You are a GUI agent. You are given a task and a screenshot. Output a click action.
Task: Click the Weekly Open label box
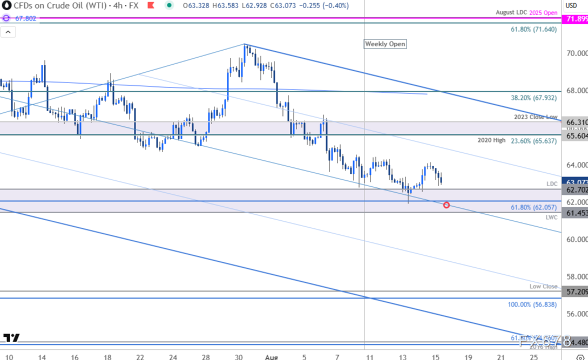click(x=385, y=44)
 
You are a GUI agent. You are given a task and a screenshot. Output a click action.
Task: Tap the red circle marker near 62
click(x=446, y=205)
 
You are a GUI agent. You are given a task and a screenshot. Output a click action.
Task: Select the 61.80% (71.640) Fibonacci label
click(x=533, y=30)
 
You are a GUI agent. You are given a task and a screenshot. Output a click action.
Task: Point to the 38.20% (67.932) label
click(x=533, y=98)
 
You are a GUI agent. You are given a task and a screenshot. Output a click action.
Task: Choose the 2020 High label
click(x=491, y=140)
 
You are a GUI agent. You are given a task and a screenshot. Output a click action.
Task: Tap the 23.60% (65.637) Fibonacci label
click(x=533, y=141)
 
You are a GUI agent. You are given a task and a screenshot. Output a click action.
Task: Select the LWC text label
click(x=551, y=218)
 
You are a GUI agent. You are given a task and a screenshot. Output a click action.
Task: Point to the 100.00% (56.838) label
click(x=532, y=304)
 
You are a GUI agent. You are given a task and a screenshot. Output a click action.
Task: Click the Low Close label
click(x=543, y=287)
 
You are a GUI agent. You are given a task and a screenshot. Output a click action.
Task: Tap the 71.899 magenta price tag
click(x=575, y=19)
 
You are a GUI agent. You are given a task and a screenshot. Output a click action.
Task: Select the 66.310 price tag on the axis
click(x=575, y=123)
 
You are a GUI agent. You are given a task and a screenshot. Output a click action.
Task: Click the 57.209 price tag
click(x=575, y=291)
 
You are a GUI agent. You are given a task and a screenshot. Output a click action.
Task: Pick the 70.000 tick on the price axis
click(x=576, y=53)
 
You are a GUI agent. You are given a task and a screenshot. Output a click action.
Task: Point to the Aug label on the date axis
click(x=272, y=357)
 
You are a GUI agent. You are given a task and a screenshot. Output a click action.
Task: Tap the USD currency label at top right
click(x=571, y=5)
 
